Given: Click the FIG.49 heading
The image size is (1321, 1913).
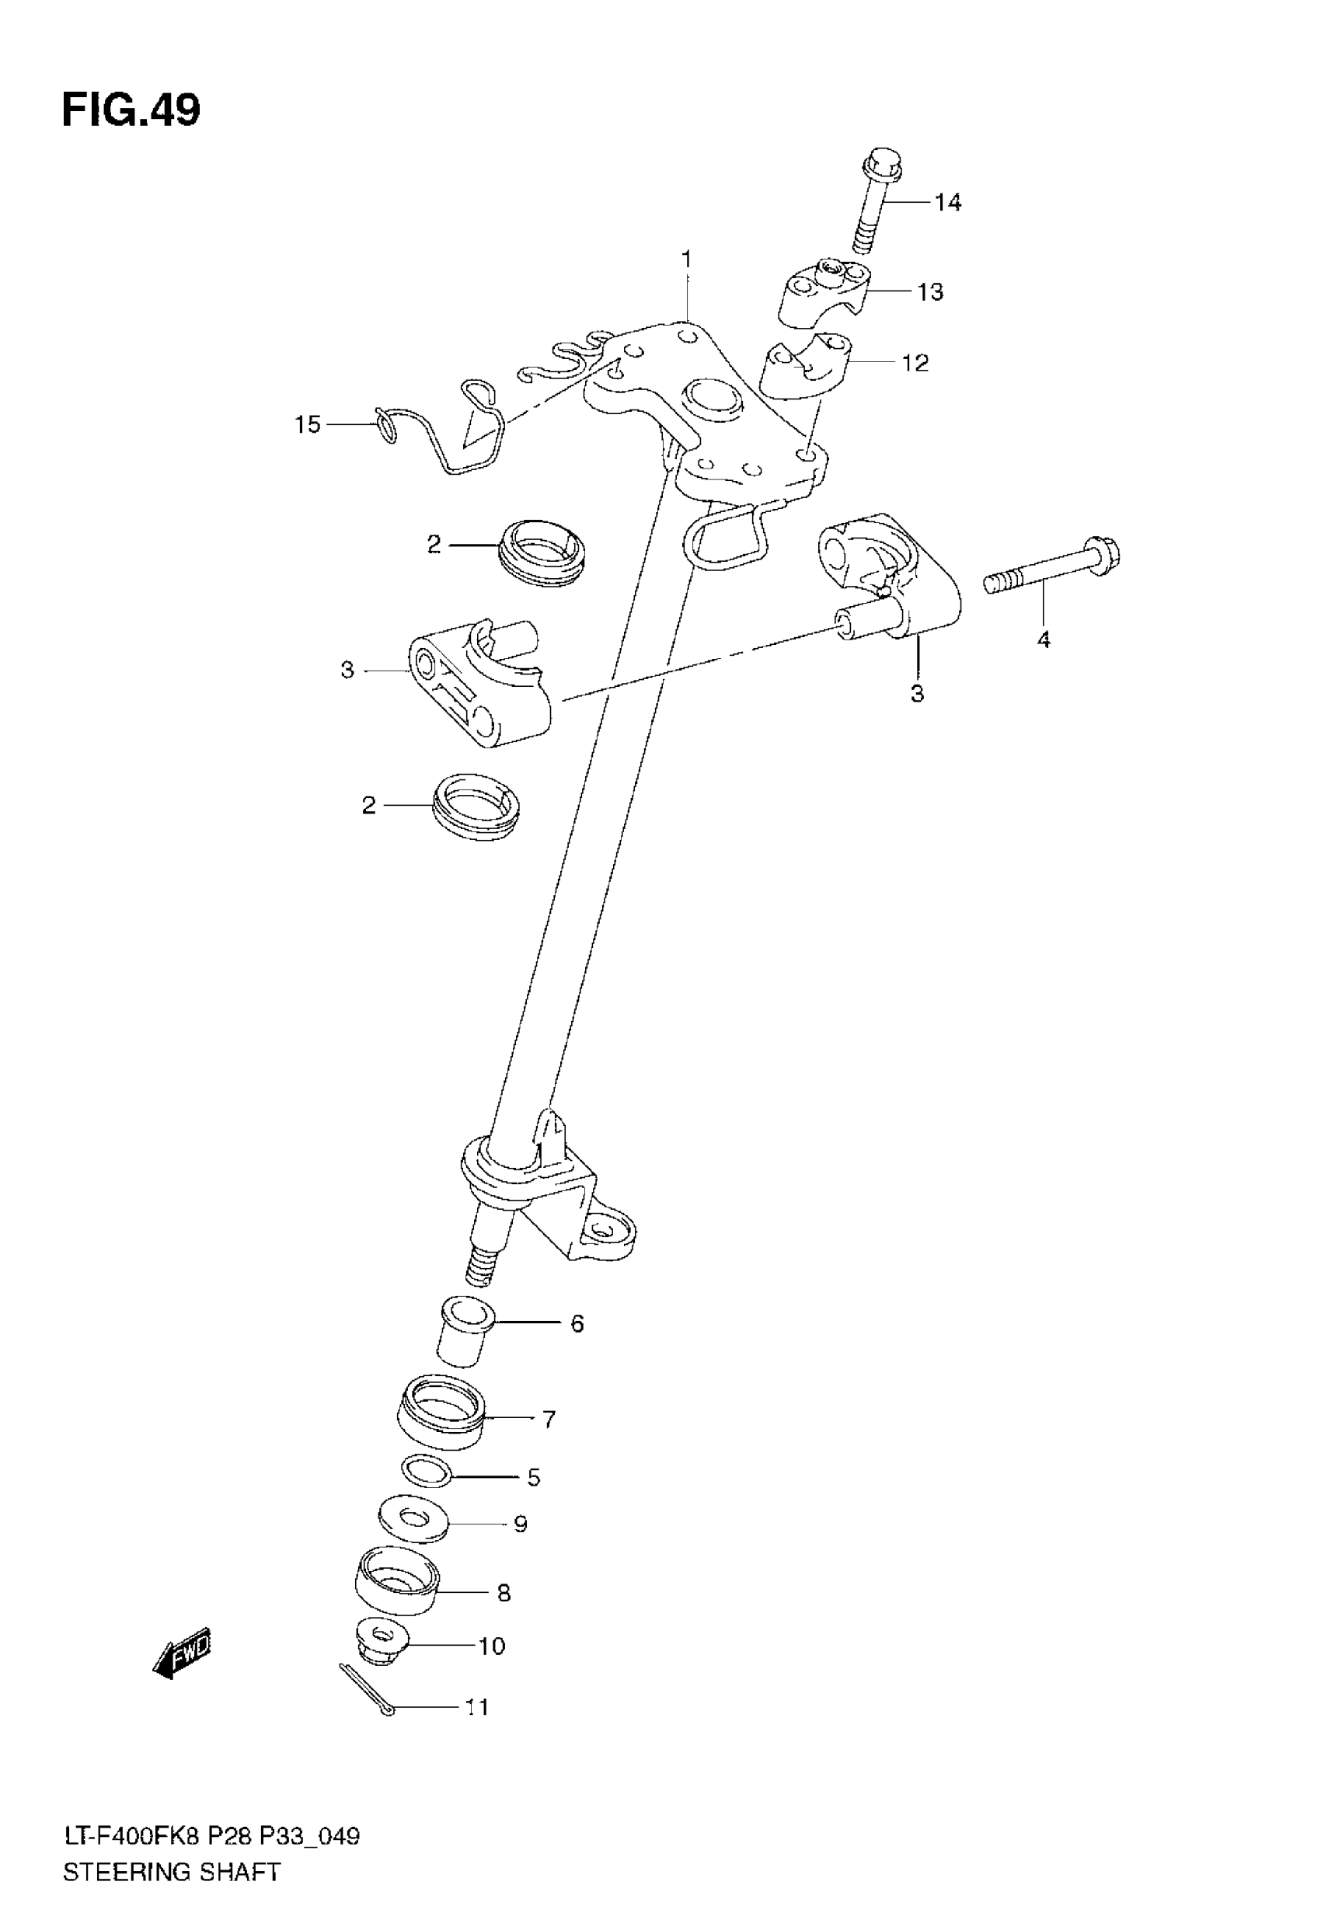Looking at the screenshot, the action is click(x=131, y=111).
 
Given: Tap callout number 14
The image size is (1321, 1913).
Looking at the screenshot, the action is click(x=948, y=202).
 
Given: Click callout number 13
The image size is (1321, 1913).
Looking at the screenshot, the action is click(x=930, y=292).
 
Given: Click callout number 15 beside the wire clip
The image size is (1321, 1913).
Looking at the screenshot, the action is click(x=307, y=424).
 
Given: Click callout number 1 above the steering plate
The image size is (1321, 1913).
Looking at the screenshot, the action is click(x=686, y=260).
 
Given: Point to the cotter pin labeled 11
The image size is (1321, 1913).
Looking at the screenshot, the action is click(x=368, y=1688).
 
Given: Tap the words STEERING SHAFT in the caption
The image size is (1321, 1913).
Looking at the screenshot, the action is click(x=171, y=1872).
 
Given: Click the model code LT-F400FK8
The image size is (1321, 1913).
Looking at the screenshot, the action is click(x=131, y=1836).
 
